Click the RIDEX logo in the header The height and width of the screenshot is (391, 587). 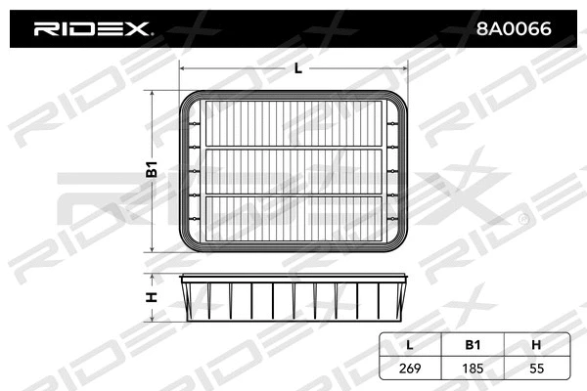click(x=94, y=29)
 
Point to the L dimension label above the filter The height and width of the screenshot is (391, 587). click(x=297, y=68)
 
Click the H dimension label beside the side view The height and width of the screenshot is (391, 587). click(x=153, y=298)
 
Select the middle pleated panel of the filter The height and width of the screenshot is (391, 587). click(x=297, y=170)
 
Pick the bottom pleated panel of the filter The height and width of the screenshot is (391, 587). click(x=297, y=217)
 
